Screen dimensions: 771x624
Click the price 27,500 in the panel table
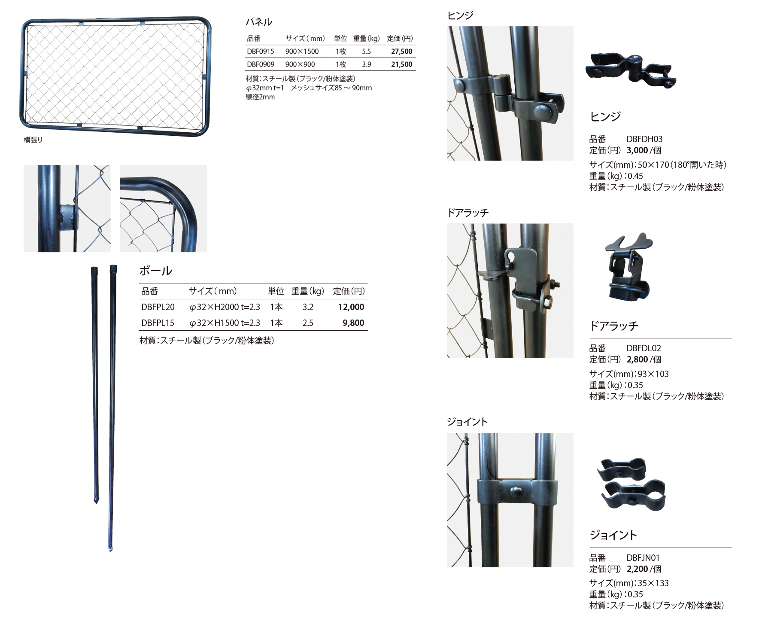click(x=401, y=52)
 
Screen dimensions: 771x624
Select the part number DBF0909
click(x=261, y=64)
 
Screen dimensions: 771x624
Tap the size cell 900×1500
click(x=302, y=52)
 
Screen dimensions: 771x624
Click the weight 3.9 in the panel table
click(x=366, y=64)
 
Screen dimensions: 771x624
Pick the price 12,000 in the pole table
click(x=351, y=307)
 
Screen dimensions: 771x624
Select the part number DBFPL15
click(x=158, y=323)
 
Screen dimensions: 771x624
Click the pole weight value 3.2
click(x=308, y=307)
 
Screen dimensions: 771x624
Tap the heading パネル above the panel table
click(x=258, y=22)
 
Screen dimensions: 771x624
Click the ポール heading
click(x=156, y=271)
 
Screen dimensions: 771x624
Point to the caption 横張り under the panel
click(x=33, y=140)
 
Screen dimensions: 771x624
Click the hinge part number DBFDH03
click(x=644, y=139)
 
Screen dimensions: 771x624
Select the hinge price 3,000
click(x=637, y=150)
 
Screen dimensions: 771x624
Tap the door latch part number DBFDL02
click(x=644, y=348)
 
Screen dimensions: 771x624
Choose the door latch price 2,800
click(x=637, y=359)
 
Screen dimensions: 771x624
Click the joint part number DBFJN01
click(x=643, y=558)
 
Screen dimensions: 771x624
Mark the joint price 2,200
click(x=637, y=569)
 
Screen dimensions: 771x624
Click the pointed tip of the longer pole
click(x=110, y=551)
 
